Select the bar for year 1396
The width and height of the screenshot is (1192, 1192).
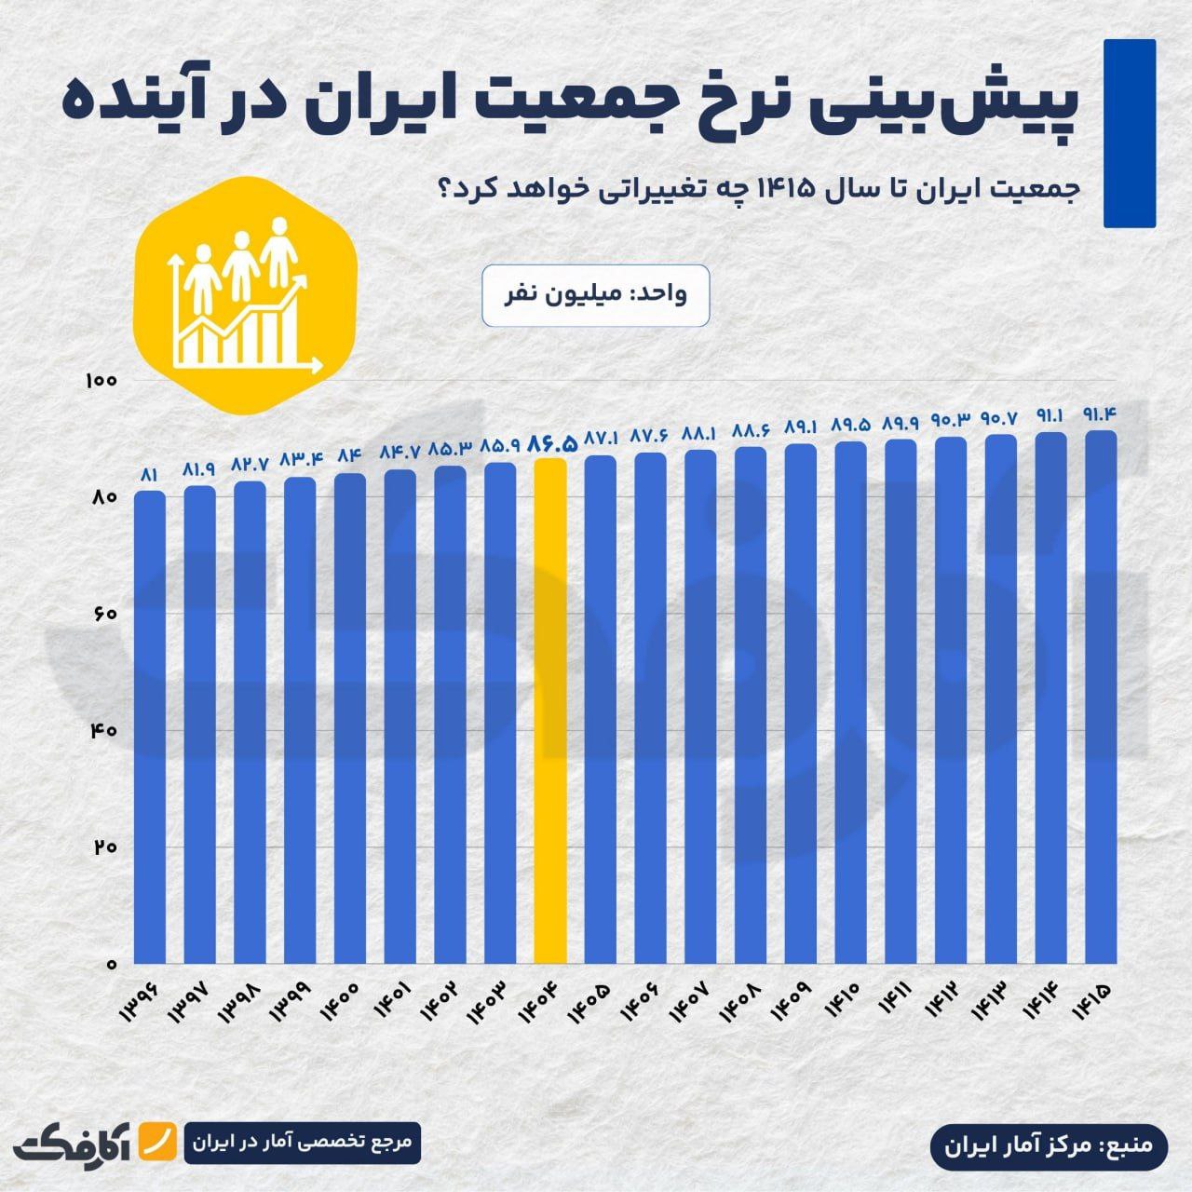[x=150, y=726]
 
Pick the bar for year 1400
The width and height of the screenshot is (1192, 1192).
[x=350, y=718]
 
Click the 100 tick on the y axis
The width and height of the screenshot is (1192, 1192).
[x=98, y=381]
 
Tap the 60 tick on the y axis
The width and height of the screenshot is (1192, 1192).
[x=102, y=614]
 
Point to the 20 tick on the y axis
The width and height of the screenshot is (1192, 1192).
[x=102, y=847]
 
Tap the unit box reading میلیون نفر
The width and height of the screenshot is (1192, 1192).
[x=596, y=295]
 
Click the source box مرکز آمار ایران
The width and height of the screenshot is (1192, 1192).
[x=1048, y=1144]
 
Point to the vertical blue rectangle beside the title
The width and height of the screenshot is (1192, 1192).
[x=1129, y=133]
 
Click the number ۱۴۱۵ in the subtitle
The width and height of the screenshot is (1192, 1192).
[x=790, y=187]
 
